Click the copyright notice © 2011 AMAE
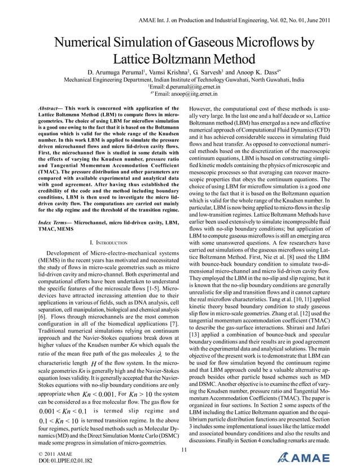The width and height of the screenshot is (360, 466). coord(54,453)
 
